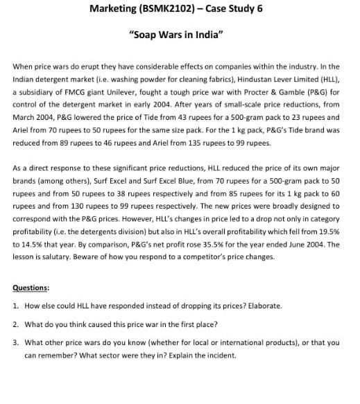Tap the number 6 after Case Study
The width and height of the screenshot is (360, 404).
266,8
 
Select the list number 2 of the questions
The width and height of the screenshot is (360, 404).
16,324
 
